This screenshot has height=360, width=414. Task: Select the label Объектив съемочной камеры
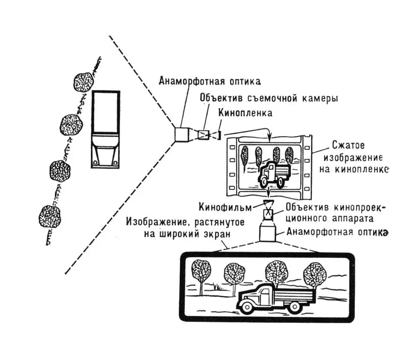pyautogui.click(x=269, y=99)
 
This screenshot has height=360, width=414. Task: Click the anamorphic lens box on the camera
pyautogui.click(x=182, y=133)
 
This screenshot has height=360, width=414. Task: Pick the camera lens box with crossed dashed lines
pyautogui.click(x=205, y=135)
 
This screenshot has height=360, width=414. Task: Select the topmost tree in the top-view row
pyautogui.click(x=85, y=81)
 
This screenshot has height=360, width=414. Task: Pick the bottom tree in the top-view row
pyautogui.click(x=50, y=217)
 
